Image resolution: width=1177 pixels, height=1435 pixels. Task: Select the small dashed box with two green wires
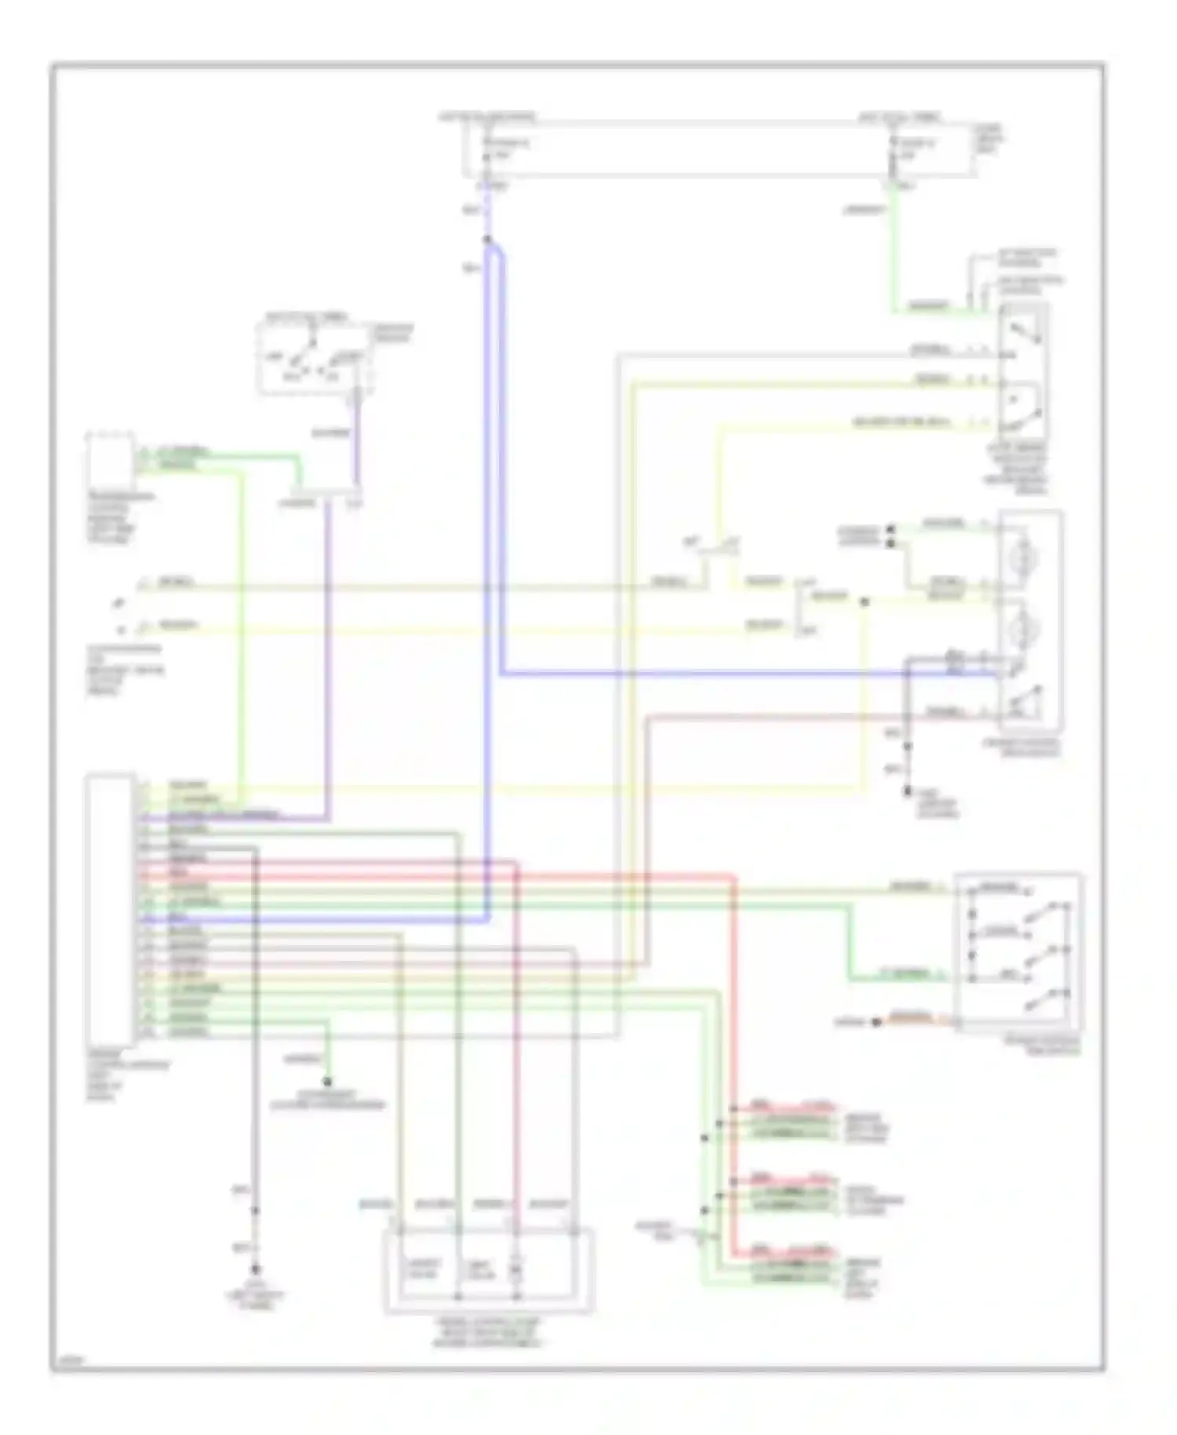[x=111, y=459]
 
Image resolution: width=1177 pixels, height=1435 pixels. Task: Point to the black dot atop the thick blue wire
[x=487, y=239]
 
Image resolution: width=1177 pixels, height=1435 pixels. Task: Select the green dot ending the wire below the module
[x=328, y=1082]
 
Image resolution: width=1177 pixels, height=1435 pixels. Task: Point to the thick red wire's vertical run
[x=735, y=1021]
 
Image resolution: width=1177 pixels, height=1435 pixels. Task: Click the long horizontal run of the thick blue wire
[x=706, y=674]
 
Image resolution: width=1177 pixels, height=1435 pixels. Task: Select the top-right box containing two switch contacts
[x=1023, y=369]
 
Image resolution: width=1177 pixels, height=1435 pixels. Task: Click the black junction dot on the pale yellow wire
[x=864, y=602]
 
